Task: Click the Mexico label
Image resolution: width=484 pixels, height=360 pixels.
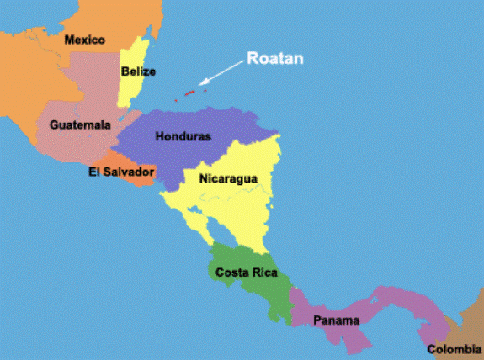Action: pos(84,40)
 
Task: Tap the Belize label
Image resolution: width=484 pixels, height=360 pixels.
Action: pos(138,71)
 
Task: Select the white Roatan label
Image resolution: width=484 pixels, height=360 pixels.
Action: pos(274,59)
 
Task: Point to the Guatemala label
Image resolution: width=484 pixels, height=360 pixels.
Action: pos(80,124)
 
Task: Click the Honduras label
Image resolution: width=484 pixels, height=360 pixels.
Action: pos(183,136)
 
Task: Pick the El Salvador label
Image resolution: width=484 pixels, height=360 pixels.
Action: pos(121,172)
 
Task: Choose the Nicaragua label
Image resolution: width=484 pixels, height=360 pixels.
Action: pos(228,178)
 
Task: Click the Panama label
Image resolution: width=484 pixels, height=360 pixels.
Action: pos(337,320)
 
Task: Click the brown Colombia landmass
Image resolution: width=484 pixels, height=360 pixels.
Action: pos(468,328)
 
